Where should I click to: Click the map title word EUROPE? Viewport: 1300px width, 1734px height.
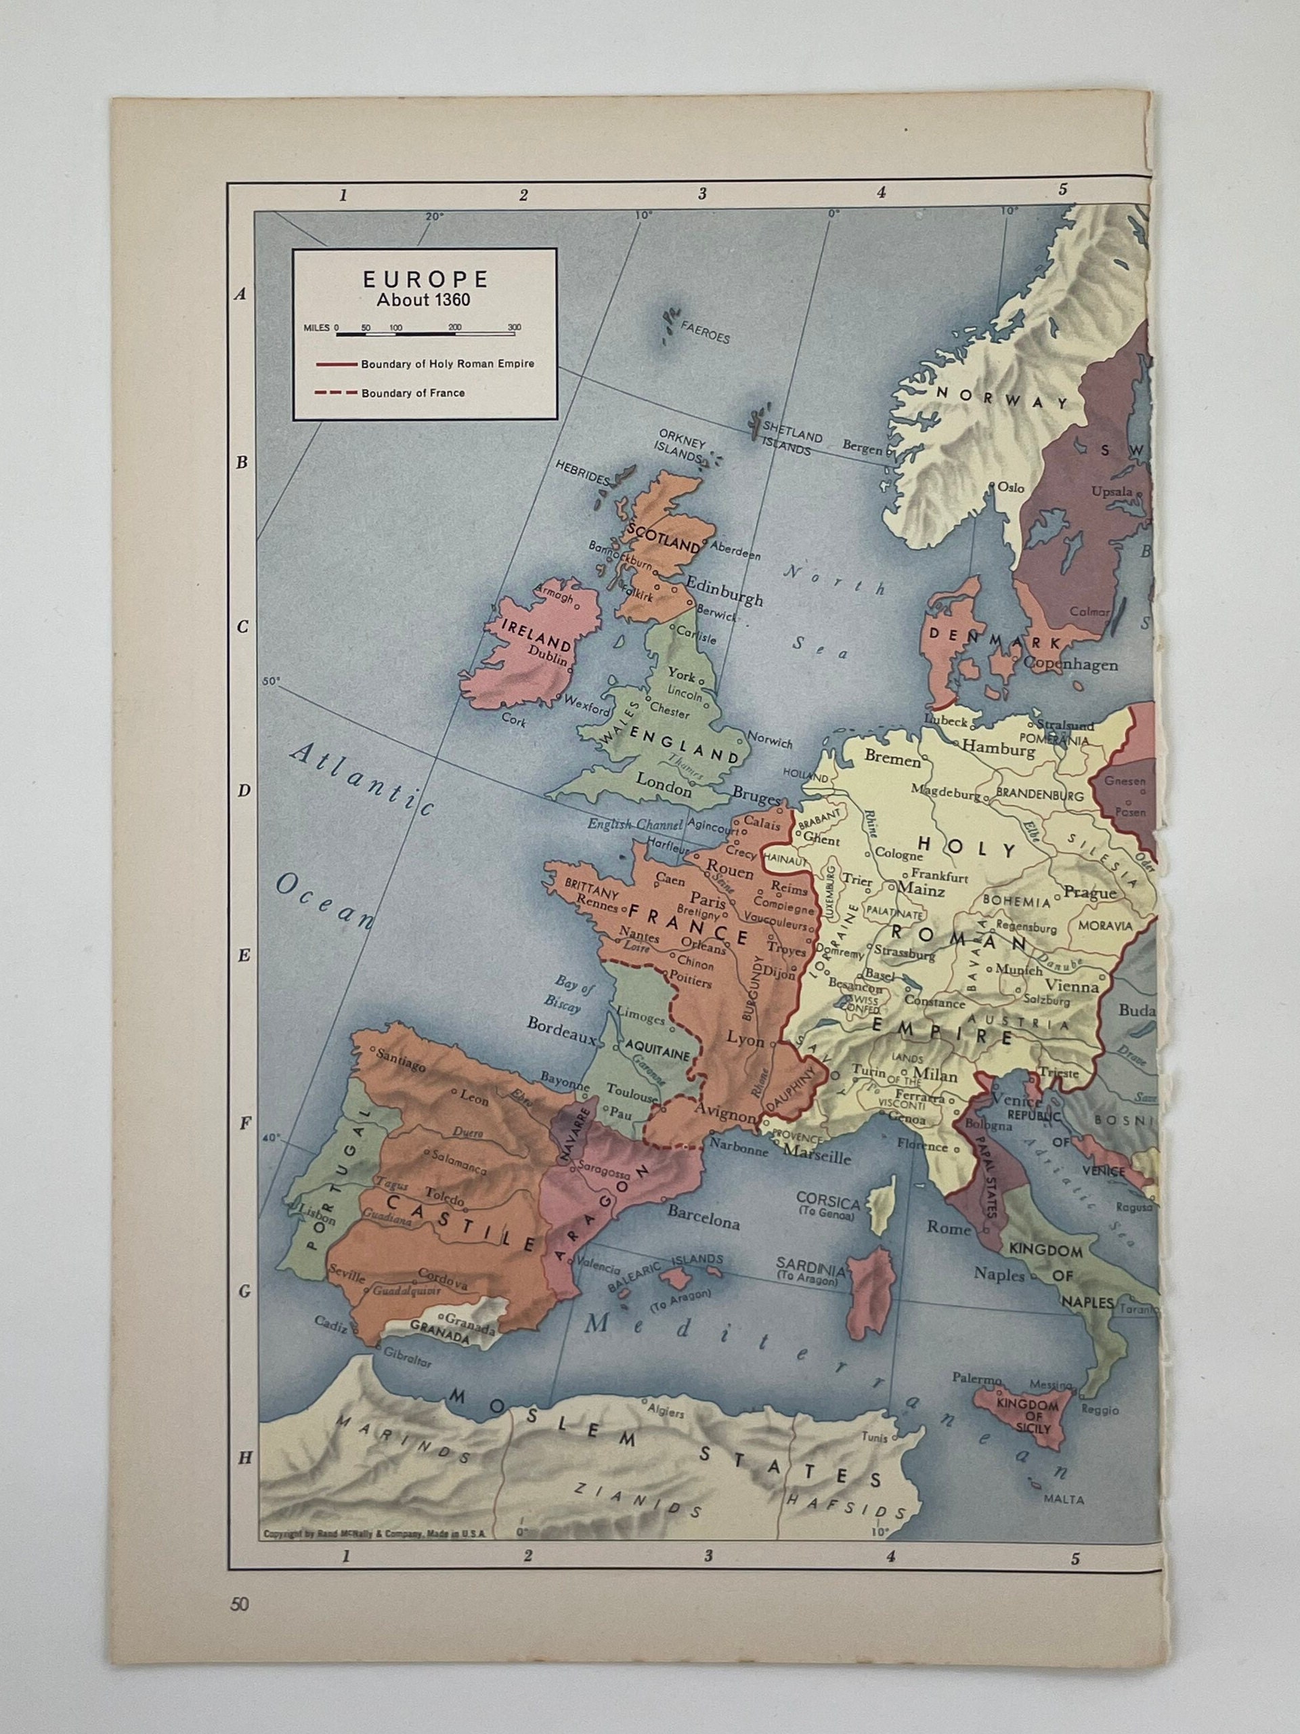(425, 280)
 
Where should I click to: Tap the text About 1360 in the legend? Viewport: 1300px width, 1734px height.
(425, 300)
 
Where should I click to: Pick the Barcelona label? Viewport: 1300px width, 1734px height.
(703, 1221)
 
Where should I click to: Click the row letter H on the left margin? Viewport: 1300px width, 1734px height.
(245, 1457)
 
